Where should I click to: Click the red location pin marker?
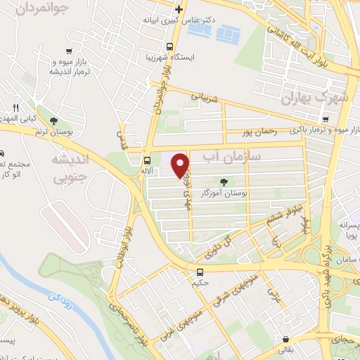(181, 165)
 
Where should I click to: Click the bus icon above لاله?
(146, 160)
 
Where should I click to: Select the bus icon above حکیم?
(200, 272)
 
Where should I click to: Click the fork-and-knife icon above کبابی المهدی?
(15, 108)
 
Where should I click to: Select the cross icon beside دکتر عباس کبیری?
(179, 9)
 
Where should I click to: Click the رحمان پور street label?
(255, 131)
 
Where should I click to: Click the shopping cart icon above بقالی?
(285, 338)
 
